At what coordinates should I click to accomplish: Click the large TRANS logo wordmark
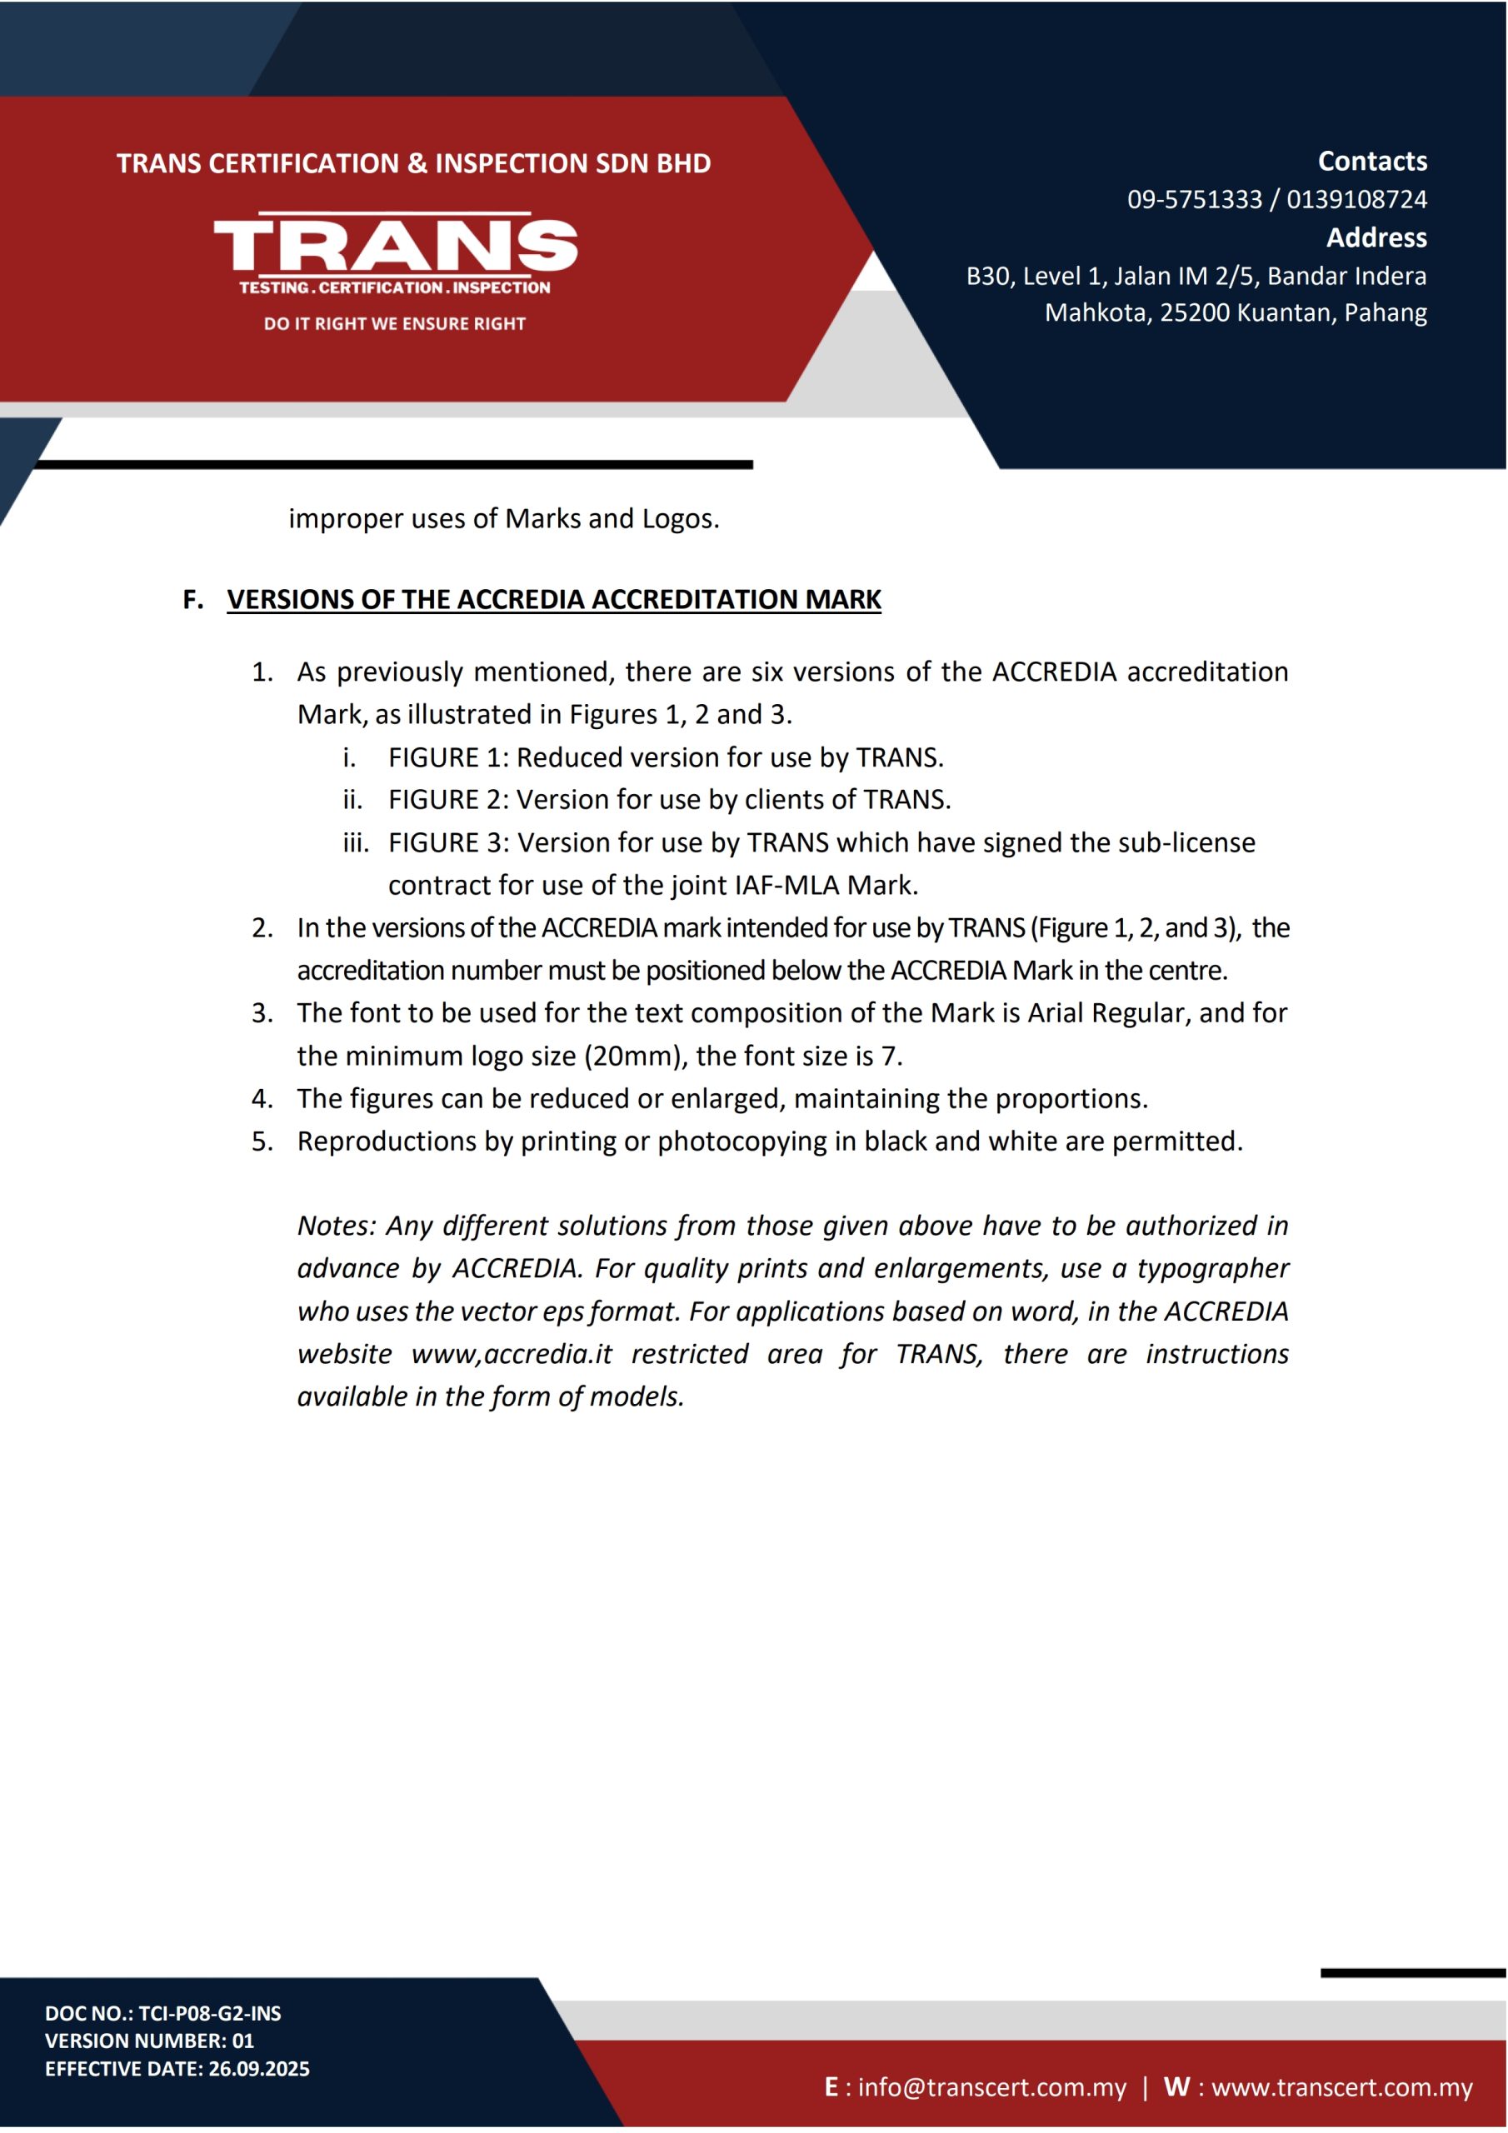pos(395,246)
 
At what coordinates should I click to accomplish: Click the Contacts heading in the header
pos(1371,162)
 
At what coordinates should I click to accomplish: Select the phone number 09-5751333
pos(1194,200)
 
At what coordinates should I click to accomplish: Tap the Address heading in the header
pos(1376,237)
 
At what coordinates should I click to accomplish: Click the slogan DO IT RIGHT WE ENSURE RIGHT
pos(395,324)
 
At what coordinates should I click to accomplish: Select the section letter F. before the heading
pos(193,600)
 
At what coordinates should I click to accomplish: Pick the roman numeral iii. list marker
pos(355,842)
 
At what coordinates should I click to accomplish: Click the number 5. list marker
pos(262,1141)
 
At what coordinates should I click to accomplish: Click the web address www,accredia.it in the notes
pos(511,1355)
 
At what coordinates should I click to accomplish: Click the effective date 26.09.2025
pos(259,2069)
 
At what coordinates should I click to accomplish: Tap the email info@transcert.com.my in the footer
pos(991,2087)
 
